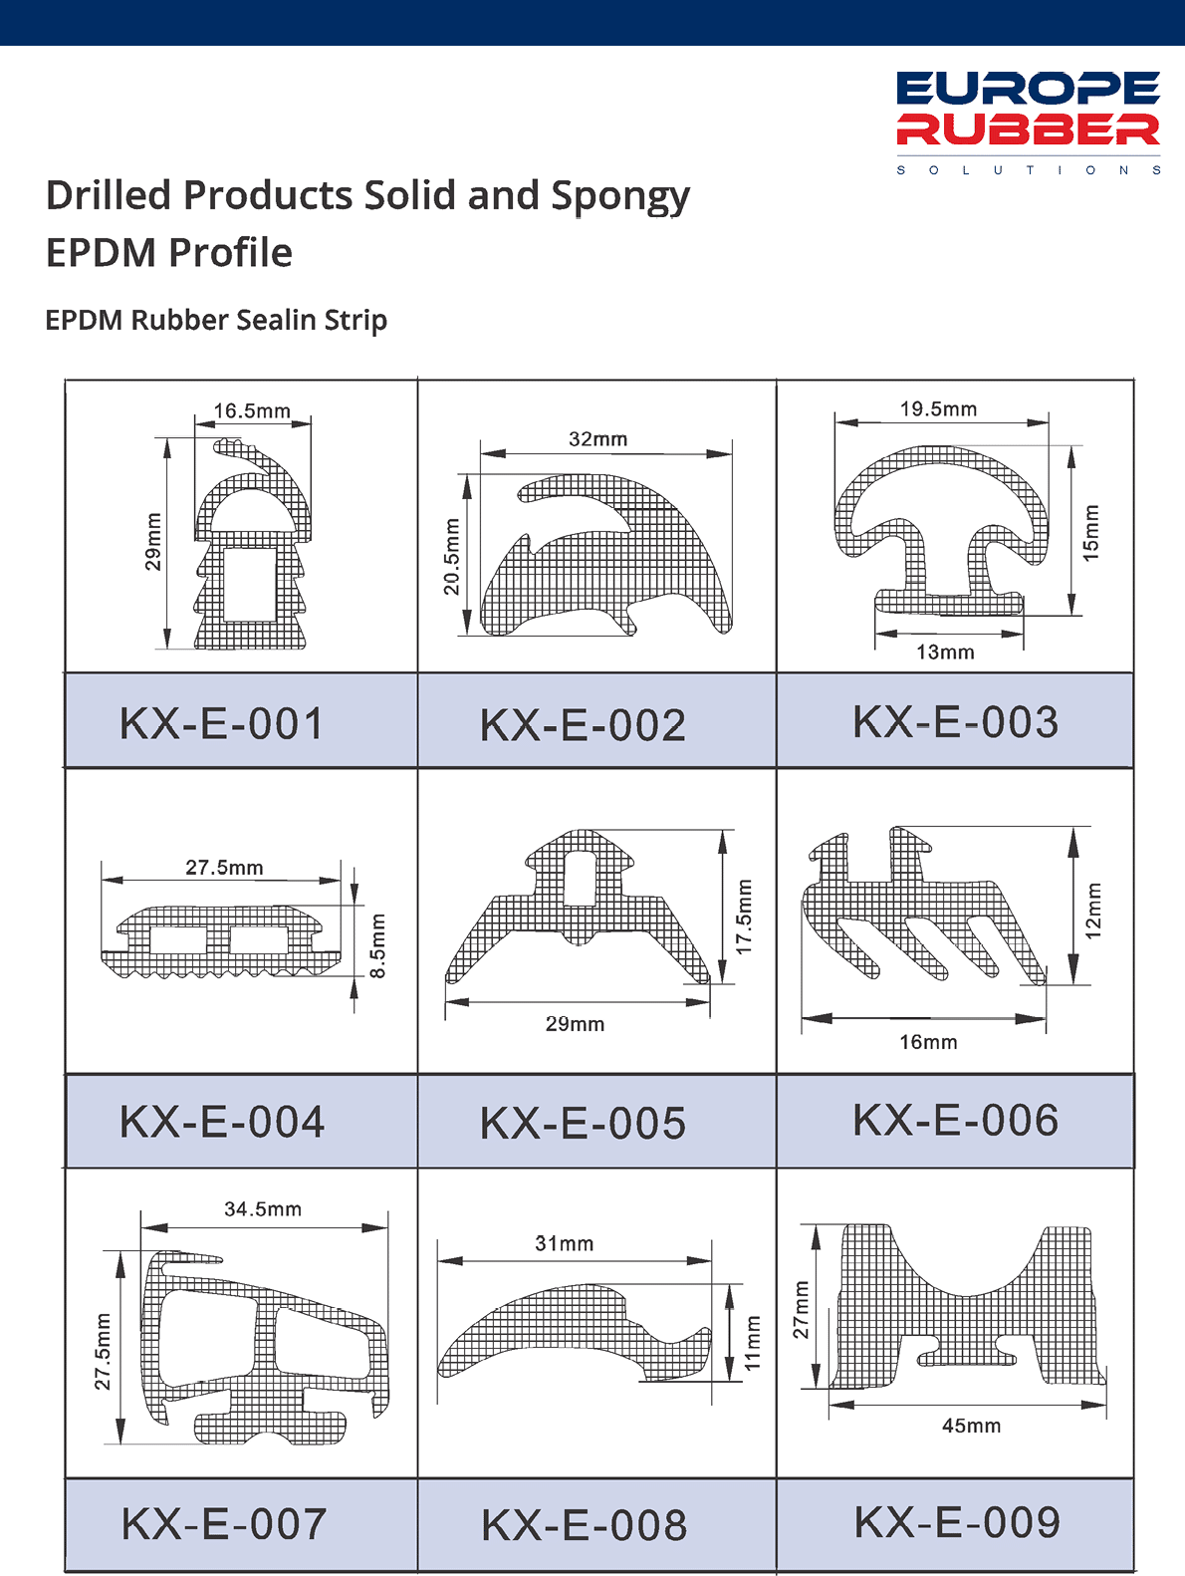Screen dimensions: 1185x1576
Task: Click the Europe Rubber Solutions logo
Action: tap(1028, 123)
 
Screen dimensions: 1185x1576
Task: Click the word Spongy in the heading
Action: tap(620, 197)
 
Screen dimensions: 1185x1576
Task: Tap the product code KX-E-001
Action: tap(222, 723)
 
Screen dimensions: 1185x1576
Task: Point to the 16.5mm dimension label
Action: tap(252, 410)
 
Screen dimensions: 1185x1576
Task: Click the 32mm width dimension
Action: tap(597, 438)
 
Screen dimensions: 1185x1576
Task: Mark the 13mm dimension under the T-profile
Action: tap(945, 652)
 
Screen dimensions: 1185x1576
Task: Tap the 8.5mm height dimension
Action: tap(377, 945)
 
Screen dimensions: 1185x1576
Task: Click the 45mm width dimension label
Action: tap(971, 1426)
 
